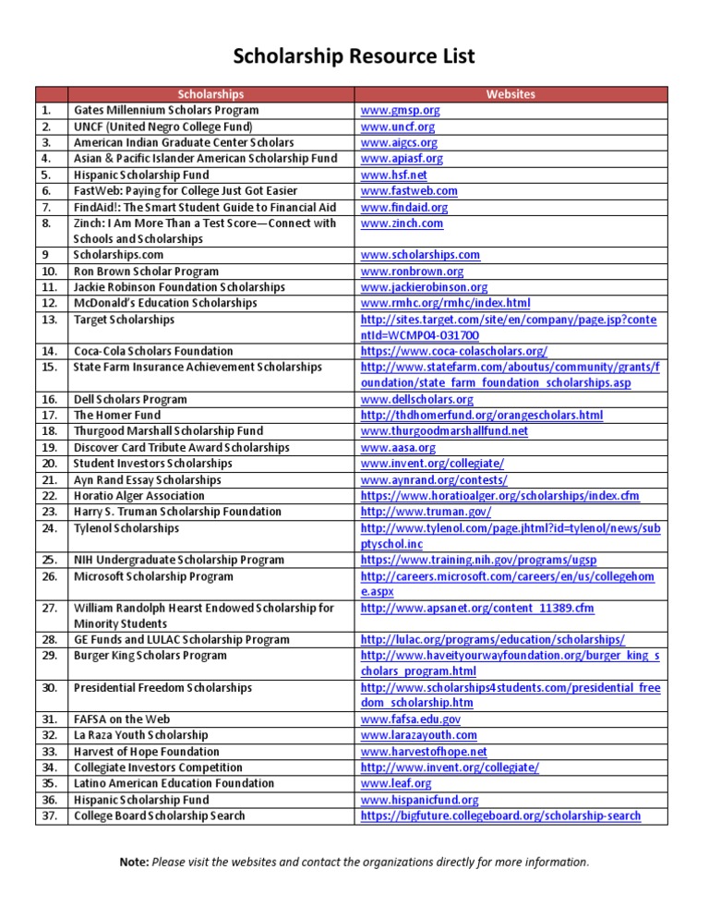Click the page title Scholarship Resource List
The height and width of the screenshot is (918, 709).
354,57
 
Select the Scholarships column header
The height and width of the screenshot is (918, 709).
210,94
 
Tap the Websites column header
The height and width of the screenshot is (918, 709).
510,94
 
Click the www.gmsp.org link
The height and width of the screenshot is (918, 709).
400,110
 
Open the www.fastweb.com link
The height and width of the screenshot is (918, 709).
409,190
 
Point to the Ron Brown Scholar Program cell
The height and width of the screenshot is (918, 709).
146,272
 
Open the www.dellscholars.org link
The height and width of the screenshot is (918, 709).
416,400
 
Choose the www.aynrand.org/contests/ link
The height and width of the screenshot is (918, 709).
434,480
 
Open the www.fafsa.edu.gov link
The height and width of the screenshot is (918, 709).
411,719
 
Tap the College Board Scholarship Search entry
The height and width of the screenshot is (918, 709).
160,815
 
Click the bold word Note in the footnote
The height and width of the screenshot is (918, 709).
134,862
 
